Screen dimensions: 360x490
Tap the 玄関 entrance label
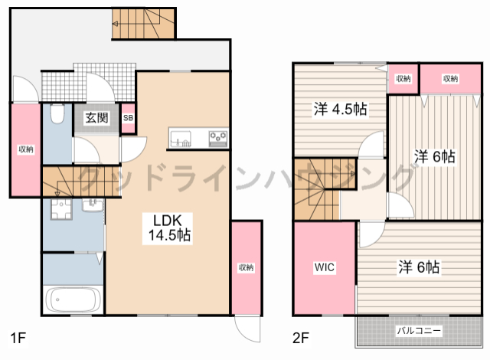(x=96, y=118)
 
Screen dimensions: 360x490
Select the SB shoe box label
(x=128, y=118)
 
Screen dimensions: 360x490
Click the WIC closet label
(x=323, y=268)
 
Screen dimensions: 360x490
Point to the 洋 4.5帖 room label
(x=340, y=109)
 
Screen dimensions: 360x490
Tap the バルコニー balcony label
(x=419, y=331)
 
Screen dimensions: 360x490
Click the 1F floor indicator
(x=18, y=337)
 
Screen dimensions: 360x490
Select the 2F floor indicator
(x=300, y=337)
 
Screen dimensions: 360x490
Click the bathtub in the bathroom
(x=74, y=299)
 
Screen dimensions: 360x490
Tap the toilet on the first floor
(x=56, y=116)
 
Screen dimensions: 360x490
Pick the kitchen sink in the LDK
(x=181, y=139)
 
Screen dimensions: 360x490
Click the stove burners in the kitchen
(x=217, y=139)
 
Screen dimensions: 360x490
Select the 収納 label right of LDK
(x=246, y=267)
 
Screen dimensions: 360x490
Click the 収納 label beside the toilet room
(x=25, y=149)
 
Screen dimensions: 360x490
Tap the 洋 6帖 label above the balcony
(x=418, y=268)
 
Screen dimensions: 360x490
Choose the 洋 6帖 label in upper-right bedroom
(x=435, y=156)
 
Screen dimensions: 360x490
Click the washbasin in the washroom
(x=57, y=209)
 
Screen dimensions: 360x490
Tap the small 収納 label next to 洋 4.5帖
(x=403, y=79)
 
